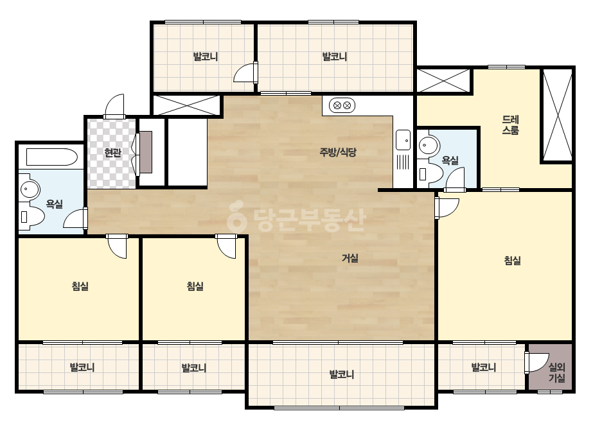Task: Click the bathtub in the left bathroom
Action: (x=52, y=157)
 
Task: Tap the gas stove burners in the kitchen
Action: (x=342, y=105)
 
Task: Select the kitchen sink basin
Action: (x=403, y=140)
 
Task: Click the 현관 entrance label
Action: (x=112, y=153)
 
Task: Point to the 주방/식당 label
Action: (x=338, y=152)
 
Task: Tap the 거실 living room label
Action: (x=350, y=258)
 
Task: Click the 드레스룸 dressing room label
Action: (x=510, y=125)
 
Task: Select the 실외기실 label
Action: (x=556, y=372)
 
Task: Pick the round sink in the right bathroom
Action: (x=429, y=144)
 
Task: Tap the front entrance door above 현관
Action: (x=114, y=106)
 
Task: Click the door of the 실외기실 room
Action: (x=536, y=362)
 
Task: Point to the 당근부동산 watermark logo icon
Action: (x=237, y=216)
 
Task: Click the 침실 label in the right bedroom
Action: (x=513, y=261)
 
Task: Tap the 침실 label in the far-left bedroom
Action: (x=80, y=286)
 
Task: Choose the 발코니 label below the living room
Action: (x=342, y=374)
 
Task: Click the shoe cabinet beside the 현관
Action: (x=146, y=152)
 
